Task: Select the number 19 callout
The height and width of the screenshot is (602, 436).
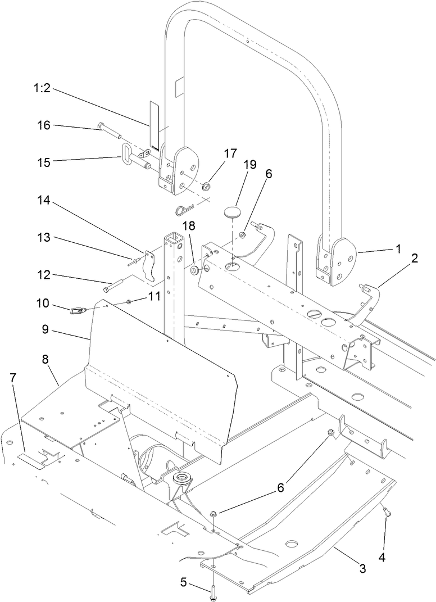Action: coord(249,164)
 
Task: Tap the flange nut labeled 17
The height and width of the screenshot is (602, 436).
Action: coord(206,185)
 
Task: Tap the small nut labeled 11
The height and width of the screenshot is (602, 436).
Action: coord(129,302)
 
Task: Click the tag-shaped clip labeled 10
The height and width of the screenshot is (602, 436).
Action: coord(78,309)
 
